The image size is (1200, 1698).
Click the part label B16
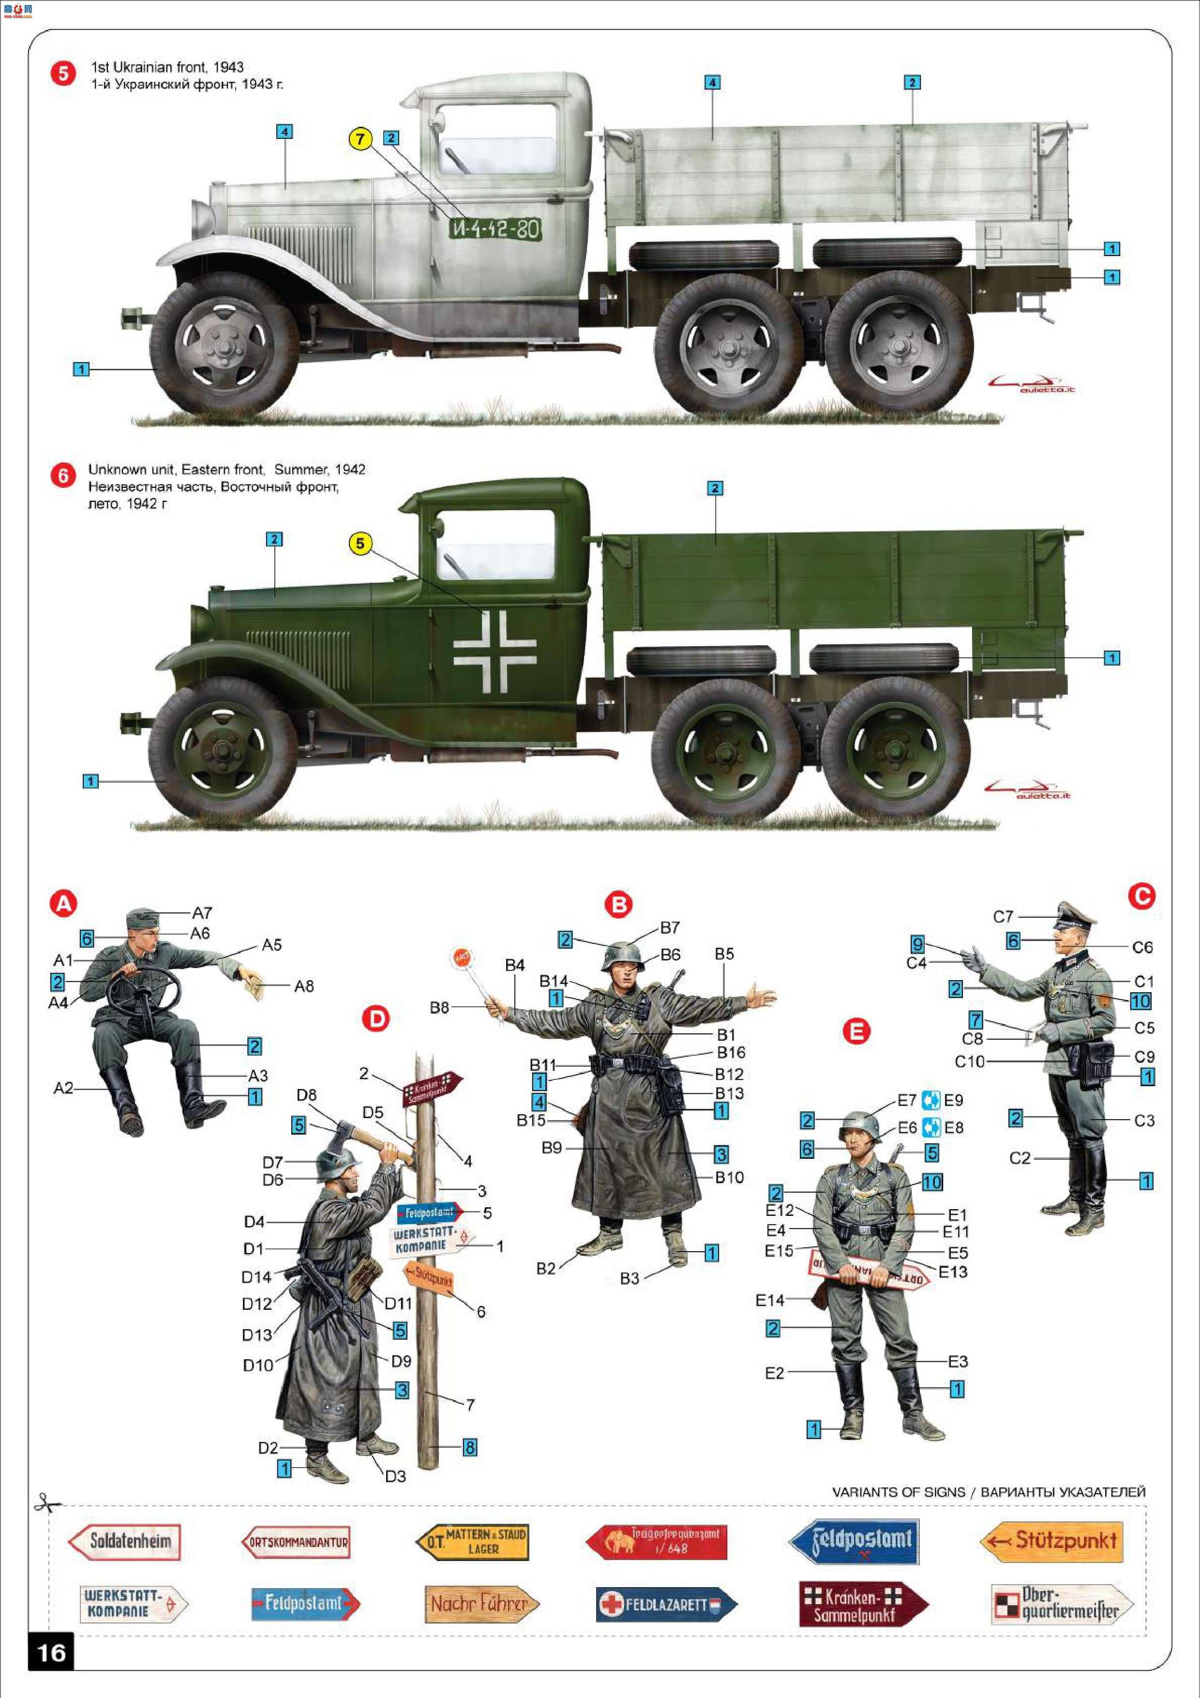731,1052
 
